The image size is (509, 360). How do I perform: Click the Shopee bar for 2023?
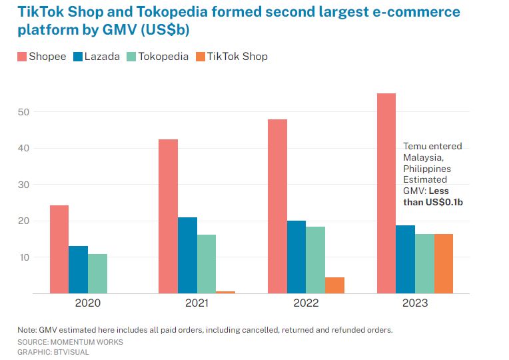[386, 193]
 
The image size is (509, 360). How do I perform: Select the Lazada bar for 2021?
[187, 255]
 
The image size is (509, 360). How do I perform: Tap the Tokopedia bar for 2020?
[97, 273]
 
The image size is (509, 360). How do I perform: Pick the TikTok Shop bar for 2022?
[334, 285]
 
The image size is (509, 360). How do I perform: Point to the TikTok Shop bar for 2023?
[444, 263]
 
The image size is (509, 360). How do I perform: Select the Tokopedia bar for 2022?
[315, 260]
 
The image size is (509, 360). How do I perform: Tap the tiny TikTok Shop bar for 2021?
[225, 292]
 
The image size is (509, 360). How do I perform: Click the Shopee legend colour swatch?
[21, 57]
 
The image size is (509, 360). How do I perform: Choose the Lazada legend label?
[102, 57]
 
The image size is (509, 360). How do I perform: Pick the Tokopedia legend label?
[163, 57]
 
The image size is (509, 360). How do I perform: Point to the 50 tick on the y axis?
[24, 112]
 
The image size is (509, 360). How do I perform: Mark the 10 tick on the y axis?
[24, 257]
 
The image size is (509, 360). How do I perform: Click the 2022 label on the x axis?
[306, 303]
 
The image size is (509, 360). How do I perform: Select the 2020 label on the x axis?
[88, 303]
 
